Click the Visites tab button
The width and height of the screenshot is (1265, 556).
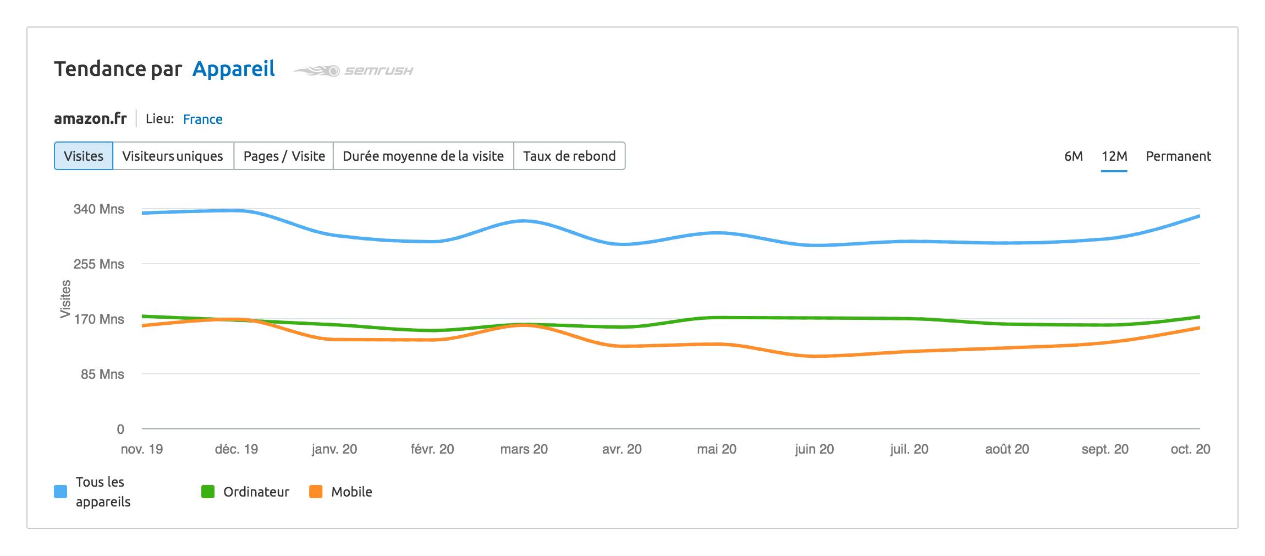[x=84, y=156]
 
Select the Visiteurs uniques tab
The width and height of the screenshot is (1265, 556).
[x=173, y=156]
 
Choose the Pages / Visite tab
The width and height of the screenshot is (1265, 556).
[x=284, y=156]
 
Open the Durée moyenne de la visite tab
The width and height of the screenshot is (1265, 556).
[x=423, y=156]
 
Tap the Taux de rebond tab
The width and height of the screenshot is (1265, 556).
[x=569, y=156]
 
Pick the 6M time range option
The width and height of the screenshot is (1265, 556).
[x=1073, y=156]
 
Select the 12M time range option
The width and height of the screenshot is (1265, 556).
[x=1114, y=156]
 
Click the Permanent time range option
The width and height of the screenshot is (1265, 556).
[x=1178, y=156]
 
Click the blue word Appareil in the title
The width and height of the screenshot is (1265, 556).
[x=234, y=69]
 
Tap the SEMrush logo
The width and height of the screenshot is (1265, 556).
[x=353, y=71]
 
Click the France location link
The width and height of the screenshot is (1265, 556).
[x=202, y=119]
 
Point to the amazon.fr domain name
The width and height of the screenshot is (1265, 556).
[x=90, y=119]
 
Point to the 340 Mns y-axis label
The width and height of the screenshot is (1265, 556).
[x=99, y=209]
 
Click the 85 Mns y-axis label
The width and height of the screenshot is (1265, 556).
[x=102, y=374]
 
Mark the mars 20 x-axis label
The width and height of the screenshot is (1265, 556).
[x=524, y=449]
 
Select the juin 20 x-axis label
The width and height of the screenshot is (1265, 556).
[x=814, y=449]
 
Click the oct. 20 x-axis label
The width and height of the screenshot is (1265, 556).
[x=1190, y=449]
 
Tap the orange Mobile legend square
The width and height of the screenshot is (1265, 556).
[x=316, y=492]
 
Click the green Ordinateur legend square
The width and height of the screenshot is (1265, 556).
[x=208, y=492]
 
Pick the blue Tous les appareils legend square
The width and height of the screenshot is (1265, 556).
[x=61, y=492]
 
